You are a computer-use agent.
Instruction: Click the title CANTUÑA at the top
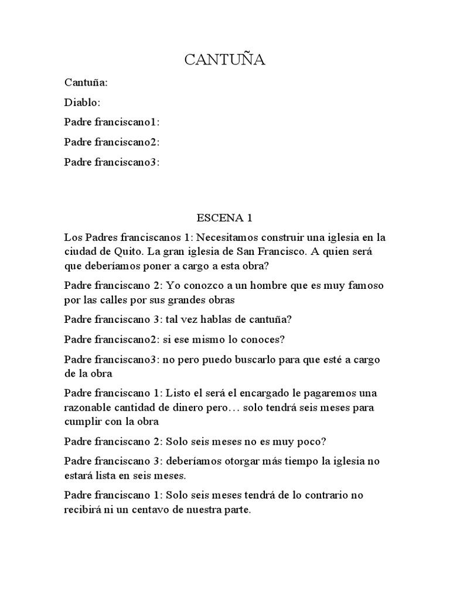(225, 59)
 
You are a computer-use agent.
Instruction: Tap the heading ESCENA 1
(224, 218)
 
